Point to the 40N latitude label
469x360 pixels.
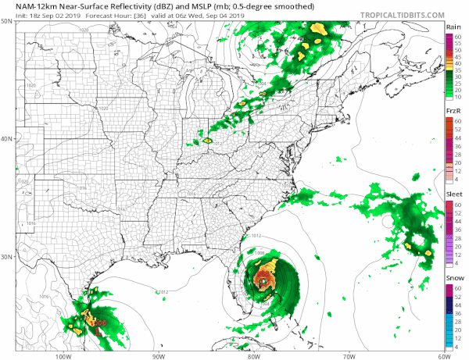tap(6, 140)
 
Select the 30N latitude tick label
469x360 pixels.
tap(6, 258)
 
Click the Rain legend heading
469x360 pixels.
tap(453, 27)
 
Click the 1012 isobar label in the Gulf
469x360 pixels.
tap(162, 292)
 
